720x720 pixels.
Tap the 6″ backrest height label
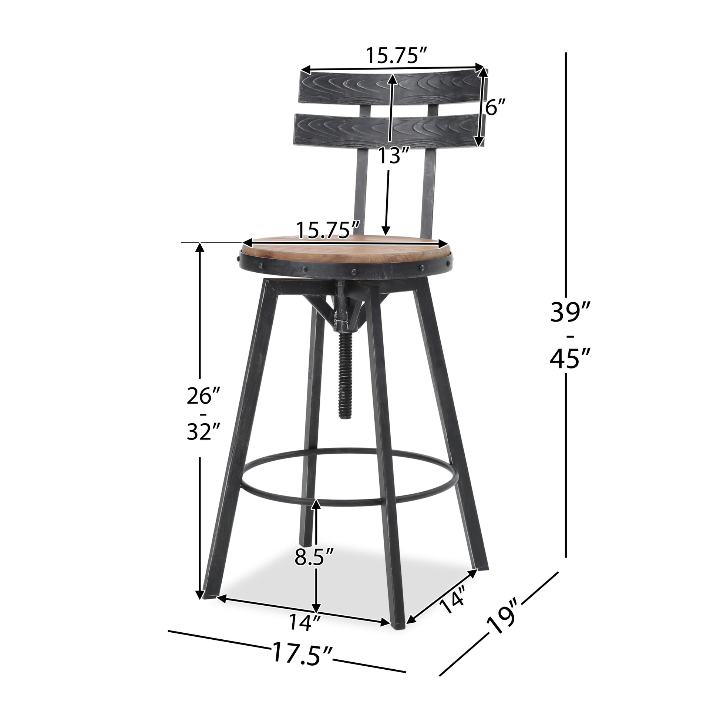point(496,108)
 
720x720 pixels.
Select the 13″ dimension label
point(394,156)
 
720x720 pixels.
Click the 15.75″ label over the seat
point(329,230)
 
